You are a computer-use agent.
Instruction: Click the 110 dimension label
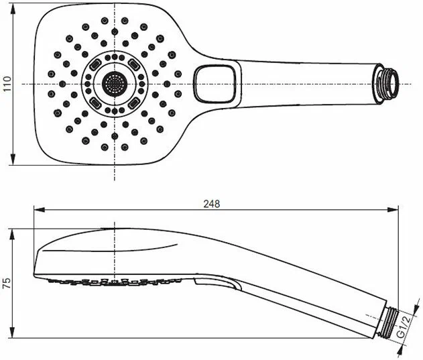click(x=7, y=84)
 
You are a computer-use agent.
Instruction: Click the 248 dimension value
click(x=212, y=204)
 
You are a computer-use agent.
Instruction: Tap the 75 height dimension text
click(x=7, y=283)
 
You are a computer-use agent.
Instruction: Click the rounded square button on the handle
click(x=215, y=84)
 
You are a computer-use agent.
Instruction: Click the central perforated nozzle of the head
click(x=115, y=84)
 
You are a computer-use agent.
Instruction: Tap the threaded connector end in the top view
click(x=387, y=83)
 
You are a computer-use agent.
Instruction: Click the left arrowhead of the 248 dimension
click(x=40, y=210)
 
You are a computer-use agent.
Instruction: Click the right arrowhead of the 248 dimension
click(x=393, y=210)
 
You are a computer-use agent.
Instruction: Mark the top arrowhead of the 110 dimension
click(x=13, y=9)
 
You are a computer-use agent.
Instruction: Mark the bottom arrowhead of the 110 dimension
click(x=13, y=160)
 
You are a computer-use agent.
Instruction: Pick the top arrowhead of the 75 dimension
click(x=12, y=235)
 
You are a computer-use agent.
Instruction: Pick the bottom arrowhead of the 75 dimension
click(x=12, y=332)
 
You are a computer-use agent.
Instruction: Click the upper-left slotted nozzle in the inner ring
click(x=95, y=65)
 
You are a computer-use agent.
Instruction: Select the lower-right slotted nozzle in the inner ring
click(x=134, y=103)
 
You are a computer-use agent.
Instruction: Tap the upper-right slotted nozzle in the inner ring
click(x=134, y=65)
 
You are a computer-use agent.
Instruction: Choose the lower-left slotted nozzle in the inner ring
click(x=95, y=103)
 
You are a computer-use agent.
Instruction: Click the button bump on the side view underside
click(x=216, y=284)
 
